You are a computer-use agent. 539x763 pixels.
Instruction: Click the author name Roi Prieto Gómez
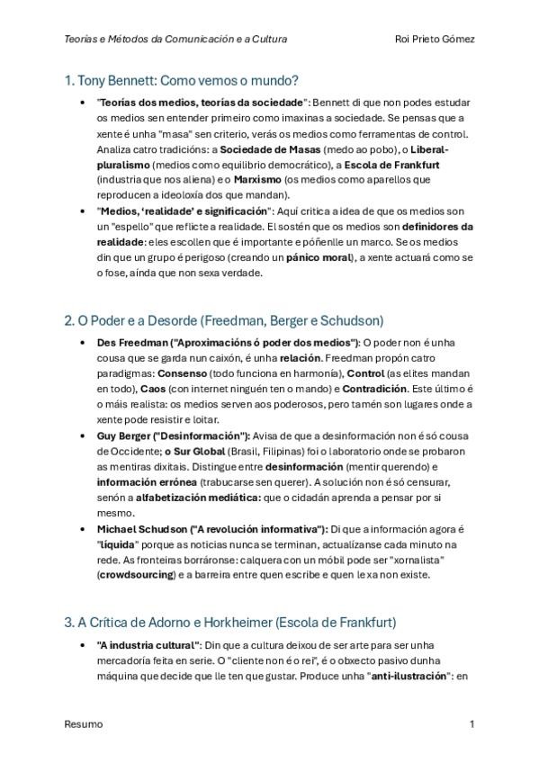(435, 40)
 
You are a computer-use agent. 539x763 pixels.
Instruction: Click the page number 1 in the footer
(472, 723)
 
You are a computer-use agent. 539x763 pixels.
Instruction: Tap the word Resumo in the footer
(84, 723)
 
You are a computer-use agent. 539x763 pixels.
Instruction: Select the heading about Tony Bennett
(182, 81)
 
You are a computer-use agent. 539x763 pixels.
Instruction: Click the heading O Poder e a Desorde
(225, 319)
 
